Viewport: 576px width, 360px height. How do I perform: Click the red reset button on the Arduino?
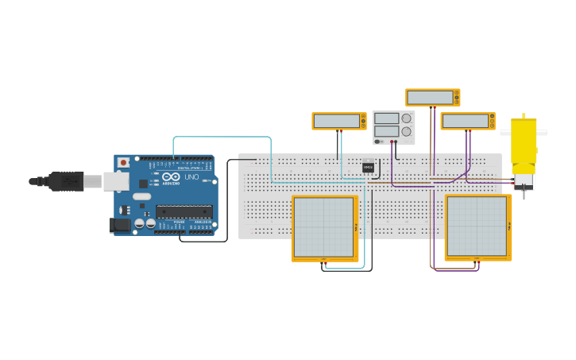(x=123, y=162)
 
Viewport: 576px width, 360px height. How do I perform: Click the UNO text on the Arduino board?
(x=191, y=176)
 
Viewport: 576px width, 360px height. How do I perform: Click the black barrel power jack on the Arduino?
(x=119, y=225)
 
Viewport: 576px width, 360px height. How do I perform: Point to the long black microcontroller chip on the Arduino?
(x=184, y=211)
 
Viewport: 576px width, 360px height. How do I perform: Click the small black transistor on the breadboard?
(x=368, y=167)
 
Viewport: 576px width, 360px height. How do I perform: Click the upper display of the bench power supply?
(x=386, y=118)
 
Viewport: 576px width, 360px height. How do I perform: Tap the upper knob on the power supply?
(x=407, y=118)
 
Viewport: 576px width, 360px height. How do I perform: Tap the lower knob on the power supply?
(x=406, y=131)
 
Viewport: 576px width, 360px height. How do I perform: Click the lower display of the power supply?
(x=386, y=131)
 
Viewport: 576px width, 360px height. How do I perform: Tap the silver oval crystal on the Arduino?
(x=141, y=195)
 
